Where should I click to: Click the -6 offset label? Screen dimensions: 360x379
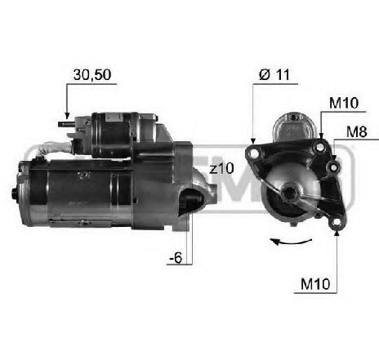pos(176,259)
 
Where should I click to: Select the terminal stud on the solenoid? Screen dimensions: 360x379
pos(64,125)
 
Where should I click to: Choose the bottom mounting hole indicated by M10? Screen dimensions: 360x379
pos(336,221)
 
